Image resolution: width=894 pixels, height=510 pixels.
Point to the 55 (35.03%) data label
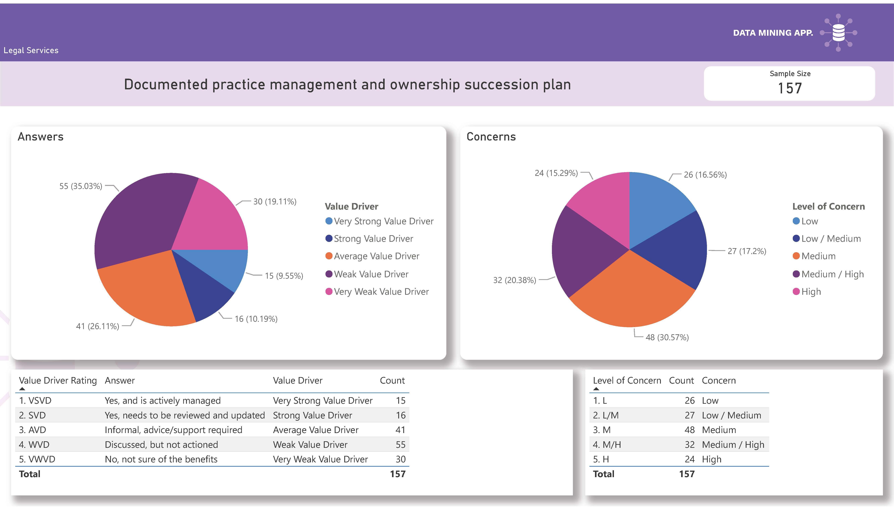click(81, 186)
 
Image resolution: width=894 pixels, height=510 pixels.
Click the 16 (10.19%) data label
click(256, 319)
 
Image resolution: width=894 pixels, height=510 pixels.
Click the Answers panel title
click(41, 137)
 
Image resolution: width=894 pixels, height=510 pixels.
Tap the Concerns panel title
click(491, 137)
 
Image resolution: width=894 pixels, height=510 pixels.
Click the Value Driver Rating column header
click(58, 380)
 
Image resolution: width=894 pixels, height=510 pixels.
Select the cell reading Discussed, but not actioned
click(161, 444)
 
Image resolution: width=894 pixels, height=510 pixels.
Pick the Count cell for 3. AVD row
click(400, 430)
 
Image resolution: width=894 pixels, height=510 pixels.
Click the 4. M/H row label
click(607, 444)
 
